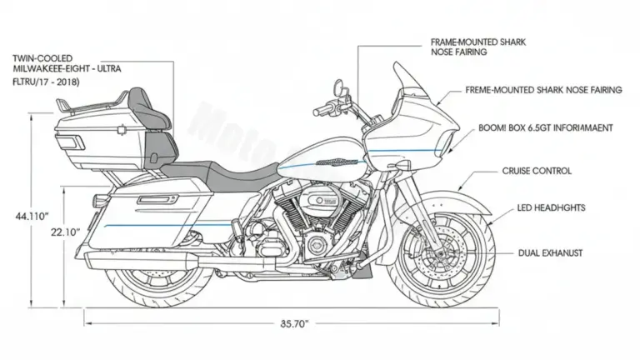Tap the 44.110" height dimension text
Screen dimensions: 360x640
click(x=32, y=216)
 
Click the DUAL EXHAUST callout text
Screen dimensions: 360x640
click(x=550, y=252)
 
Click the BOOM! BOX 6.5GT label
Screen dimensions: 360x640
click(x=546, y=128)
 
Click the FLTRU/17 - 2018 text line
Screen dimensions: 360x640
click(x=42, y=82)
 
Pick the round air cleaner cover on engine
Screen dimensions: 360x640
click(x=321, y=200)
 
